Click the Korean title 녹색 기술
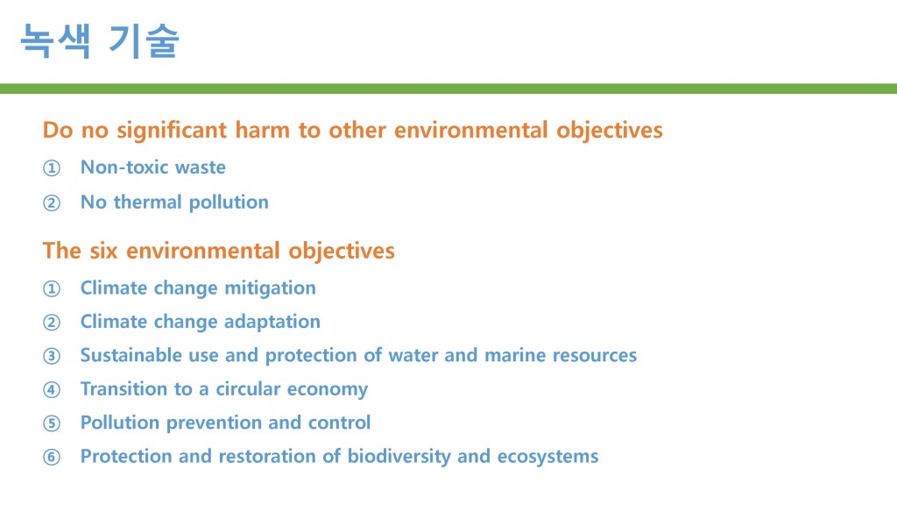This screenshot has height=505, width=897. (x=100, y=40)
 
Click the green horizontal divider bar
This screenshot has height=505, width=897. (x=448, y=89)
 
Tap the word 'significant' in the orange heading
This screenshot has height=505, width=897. (x=173, y=132)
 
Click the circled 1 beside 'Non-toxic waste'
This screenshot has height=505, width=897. (x=52, y=168)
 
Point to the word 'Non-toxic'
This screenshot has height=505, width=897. (x=124, y=167)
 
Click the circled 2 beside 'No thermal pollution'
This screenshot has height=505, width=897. (x=52, y=203)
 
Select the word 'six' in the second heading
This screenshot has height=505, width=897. (x=103, y=251)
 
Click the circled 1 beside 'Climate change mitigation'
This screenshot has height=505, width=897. (x=52, y=288)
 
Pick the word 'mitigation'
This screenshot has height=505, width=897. (x=270, y=288)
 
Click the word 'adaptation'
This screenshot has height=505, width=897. (x=272, y=322)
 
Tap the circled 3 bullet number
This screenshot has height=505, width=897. (x=52, y=356)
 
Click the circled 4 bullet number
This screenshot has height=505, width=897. (x=52, y=390)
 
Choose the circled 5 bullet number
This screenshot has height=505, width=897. (x=52, y=423)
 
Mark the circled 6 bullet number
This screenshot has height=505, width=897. (x=52, y=458)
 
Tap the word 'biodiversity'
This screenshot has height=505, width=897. (x=399, y=457)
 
